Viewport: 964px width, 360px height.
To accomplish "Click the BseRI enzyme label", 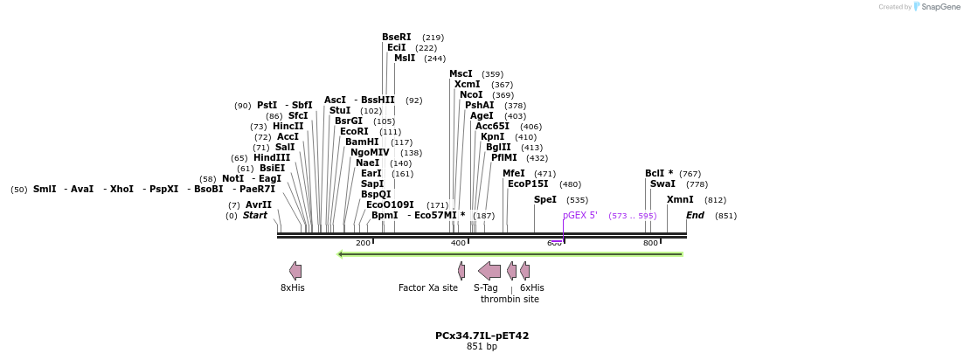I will (396, 38).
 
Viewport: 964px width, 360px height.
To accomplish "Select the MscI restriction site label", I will (461, 74).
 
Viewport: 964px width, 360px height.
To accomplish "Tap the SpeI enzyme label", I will (545, 200).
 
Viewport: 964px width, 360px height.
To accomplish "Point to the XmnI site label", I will (680, 200).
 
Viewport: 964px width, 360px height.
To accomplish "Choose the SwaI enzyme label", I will (662, 184).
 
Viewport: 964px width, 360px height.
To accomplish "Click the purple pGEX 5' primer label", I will (580, 216).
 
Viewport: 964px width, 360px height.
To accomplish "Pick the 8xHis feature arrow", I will (295, 271).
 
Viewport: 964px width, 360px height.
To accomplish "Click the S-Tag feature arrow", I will (489, 271).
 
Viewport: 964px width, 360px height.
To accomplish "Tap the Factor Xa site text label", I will (428, 288).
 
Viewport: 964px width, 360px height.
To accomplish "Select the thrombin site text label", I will (510, 300).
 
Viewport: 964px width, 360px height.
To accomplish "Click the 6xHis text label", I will (531, 288).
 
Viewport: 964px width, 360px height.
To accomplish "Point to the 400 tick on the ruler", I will (458, 243).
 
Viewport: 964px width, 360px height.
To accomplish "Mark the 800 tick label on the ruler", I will (650, 243).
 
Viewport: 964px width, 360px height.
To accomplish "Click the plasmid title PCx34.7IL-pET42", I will (482, 336).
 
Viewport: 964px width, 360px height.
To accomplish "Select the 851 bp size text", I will (482, 347).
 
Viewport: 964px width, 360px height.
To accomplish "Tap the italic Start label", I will (255, 216).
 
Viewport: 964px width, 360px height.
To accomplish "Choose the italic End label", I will (695, 216).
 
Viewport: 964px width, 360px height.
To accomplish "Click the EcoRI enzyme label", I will (354, 132).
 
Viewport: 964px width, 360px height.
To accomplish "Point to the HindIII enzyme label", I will (272, 158).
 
